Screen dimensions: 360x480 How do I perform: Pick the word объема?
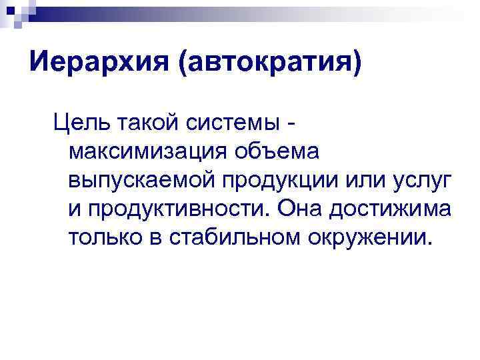tap(276, 151)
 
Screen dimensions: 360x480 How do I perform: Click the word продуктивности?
tap(175, 209)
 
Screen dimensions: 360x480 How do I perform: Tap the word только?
tap(107, 237)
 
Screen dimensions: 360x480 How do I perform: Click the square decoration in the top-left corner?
tap(14, 12)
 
